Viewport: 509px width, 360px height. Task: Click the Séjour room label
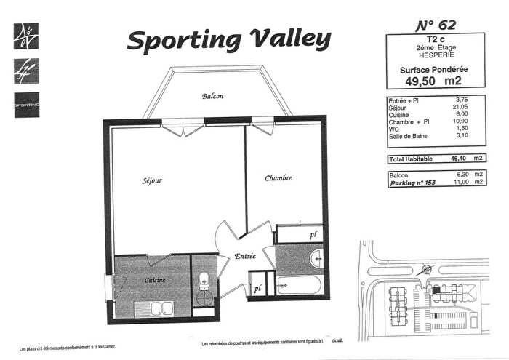151,180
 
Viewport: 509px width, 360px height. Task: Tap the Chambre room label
278,178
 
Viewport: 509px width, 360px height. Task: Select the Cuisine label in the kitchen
154,279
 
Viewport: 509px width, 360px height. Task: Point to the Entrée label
245,257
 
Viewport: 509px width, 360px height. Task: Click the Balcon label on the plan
213,96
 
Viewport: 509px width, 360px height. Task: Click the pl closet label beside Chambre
314,235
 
